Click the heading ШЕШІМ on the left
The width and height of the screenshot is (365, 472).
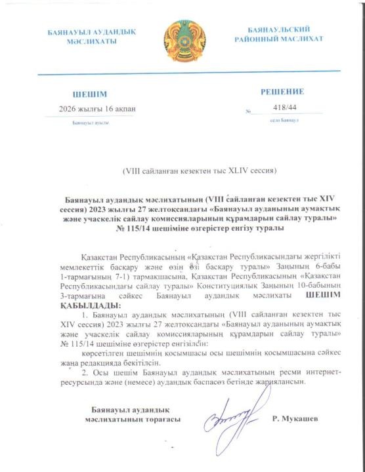click(89, 94)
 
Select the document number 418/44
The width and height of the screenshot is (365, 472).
click(284, 109)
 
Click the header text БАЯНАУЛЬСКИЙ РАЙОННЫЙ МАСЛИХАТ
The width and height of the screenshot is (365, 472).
click(279, 35)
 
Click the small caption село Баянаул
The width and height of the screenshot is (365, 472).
click(284, 121)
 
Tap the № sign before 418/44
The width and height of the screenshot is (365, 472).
click(248, 111)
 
